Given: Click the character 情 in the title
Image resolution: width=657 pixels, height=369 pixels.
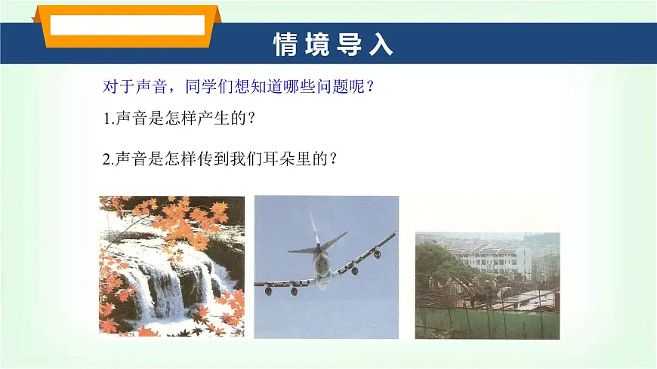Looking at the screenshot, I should click(286, 45).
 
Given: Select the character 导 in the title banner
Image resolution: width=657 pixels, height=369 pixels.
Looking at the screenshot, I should click(350, 45).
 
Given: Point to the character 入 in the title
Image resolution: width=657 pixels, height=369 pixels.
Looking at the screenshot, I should click(381, 45).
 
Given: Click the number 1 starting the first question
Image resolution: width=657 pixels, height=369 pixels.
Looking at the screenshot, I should click(105, 119).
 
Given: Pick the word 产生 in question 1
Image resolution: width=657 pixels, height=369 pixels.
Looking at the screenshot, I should click(214, 119).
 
